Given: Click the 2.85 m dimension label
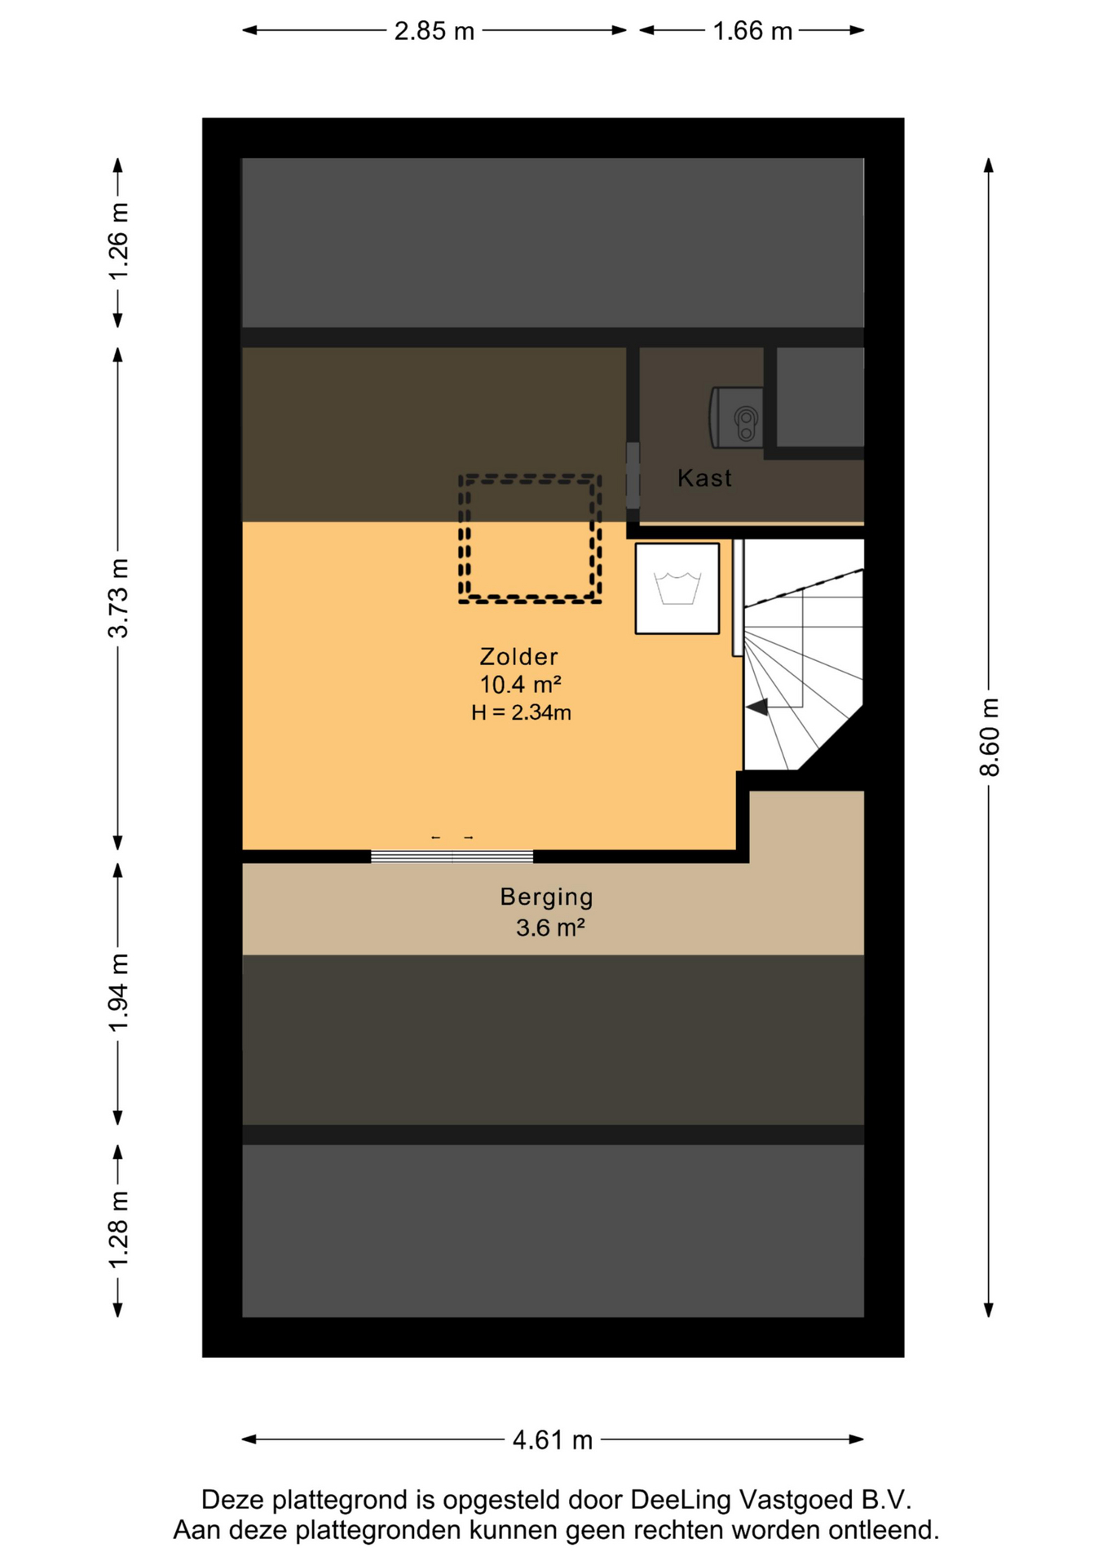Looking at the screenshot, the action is (434, 31).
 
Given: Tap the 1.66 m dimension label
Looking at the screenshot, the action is (752, 31).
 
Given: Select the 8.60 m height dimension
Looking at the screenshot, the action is (989, 737).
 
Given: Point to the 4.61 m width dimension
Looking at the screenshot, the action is (552, 1440).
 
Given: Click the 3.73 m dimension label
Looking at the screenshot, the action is (119, 597).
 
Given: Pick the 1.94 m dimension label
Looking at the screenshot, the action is (119, 992).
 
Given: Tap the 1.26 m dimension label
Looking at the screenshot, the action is (119, 241).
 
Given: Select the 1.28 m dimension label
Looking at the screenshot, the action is (119, 1229).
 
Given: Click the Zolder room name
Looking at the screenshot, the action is (518, 656).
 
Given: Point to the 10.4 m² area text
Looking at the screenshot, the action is (520, 684).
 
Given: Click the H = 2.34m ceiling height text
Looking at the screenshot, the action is (521, 712).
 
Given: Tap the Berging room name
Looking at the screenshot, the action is (546, 897).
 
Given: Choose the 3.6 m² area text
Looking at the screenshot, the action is (550, 928).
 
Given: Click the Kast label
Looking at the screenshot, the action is (704, 478).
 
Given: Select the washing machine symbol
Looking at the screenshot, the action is (677, 588).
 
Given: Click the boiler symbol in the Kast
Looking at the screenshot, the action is (737, 417).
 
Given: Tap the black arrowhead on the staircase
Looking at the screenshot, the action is (757, 707).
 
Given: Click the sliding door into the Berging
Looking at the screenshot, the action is (452, 856).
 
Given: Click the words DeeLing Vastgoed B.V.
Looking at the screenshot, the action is (770, 1500).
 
